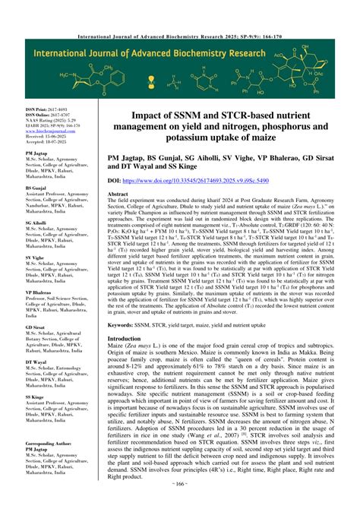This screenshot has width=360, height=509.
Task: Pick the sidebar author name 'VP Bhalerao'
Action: point(41,292)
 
